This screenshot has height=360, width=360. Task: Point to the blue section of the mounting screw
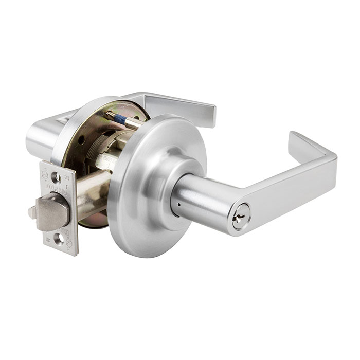tap(120, 118)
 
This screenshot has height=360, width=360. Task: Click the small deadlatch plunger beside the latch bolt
tap(32, 212)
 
